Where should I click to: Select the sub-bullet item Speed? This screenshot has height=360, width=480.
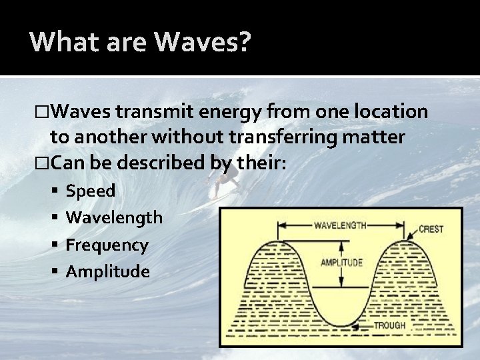(91, 191)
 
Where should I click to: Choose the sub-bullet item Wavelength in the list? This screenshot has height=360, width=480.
(114, 218)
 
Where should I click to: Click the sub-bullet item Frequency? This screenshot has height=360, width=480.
(107, 245)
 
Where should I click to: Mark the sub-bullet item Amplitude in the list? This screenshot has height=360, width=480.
(107, 271)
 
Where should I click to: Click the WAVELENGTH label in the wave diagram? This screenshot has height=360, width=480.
(340, 226)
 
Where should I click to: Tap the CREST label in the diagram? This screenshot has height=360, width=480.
(431, 229)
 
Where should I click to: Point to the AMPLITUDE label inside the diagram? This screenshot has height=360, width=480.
(342, 262)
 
